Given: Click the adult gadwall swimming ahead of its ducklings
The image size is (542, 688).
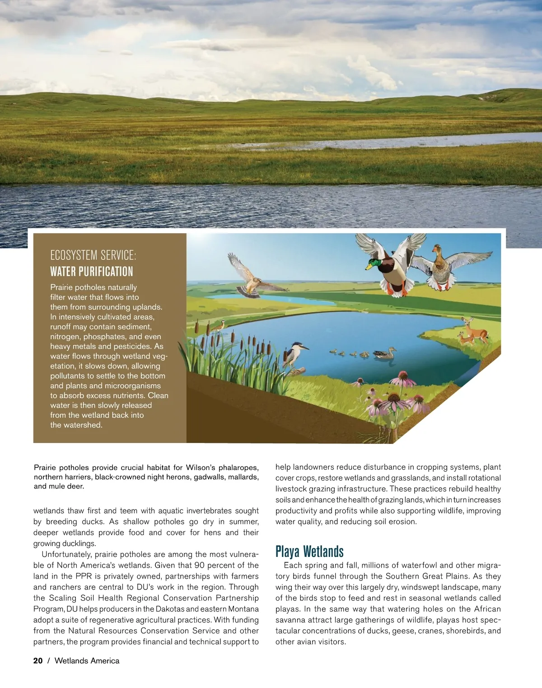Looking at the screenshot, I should (385, 353).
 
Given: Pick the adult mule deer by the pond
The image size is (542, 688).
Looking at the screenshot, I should (475, 330).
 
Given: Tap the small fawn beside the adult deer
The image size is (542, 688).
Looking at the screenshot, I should (464, 338).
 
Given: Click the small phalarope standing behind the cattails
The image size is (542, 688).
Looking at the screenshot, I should (220, 325).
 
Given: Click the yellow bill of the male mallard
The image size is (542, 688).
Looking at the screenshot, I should (369, 267).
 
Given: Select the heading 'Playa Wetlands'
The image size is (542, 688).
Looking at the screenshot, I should (309, 551).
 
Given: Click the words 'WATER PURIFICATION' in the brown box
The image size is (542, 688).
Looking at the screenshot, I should (92, 272).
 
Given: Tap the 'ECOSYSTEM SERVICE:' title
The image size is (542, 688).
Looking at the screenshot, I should (93, 255).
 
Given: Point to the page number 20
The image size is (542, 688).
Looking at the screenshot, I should (38, 661).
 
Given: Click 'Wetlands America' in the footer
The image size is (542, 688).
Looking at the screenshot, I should (87, 661).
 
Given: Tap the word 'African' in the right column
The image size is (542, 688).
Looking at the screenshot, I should (487, 609).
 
